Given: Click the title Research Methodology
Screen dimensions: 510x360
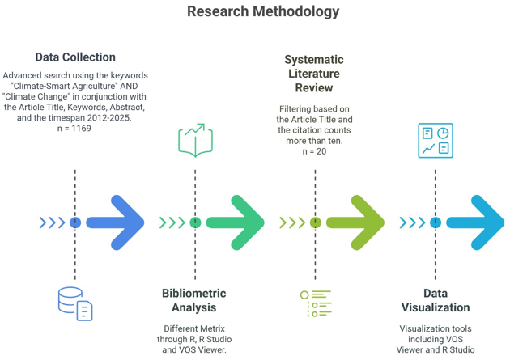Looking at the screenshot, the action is [263, 11].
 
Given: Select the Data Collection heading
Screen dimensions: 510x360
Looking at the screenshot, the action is [75, 57].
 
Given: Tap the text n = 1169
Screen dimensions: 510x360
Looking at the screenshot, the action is [74, 129].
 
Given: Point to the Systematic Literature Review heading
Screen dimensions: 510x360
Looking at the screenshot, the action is [314, 74].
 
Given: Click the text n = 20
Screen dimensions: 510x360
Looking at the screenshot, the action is [314, 151].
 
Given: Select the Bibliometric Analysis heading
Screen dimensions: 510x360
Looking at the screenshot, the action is [194, 300].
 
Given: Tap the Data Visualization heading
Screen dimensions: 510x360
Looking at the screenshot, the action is [436, 300].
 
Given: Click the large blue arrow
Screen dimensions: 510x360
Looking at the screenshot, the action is [116, 222].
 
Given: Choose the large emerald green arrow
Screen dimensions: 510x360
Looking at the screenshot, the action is [236, 222].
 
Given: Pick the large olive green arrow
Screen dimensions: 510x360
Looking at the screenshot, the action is [355, 222].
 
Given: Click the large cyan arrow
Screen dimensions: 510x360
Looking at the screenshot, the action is [475, 222].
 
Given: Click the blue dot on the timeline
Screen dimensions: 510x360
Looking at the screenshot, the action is [75, 222].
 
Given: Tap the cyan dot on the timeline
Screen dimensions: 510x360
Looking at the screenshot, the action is [436, 222].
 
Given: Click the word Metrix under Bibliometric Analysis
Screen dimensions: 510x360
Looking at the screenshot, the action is [214, 328].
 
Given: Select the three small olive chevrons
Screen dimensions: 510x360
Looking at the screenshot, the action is [292, 222].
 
